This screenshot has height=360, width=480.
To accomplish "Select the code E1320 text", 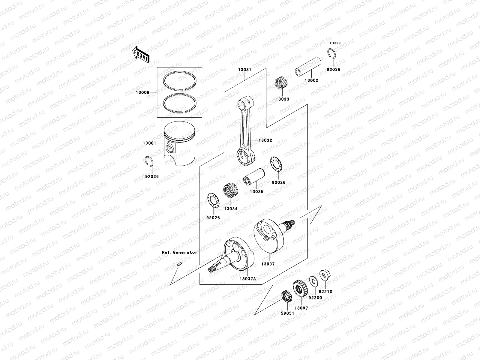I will click(x=335, y=43).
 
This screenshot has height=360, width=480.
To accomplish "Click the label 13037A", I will click(x=247, y=279).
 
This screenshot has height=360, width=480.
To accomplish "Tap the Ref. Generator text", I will click(x=180, y=252).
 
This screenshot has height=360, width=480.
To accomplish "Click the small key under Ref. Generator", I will click(x=179, y=264).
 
